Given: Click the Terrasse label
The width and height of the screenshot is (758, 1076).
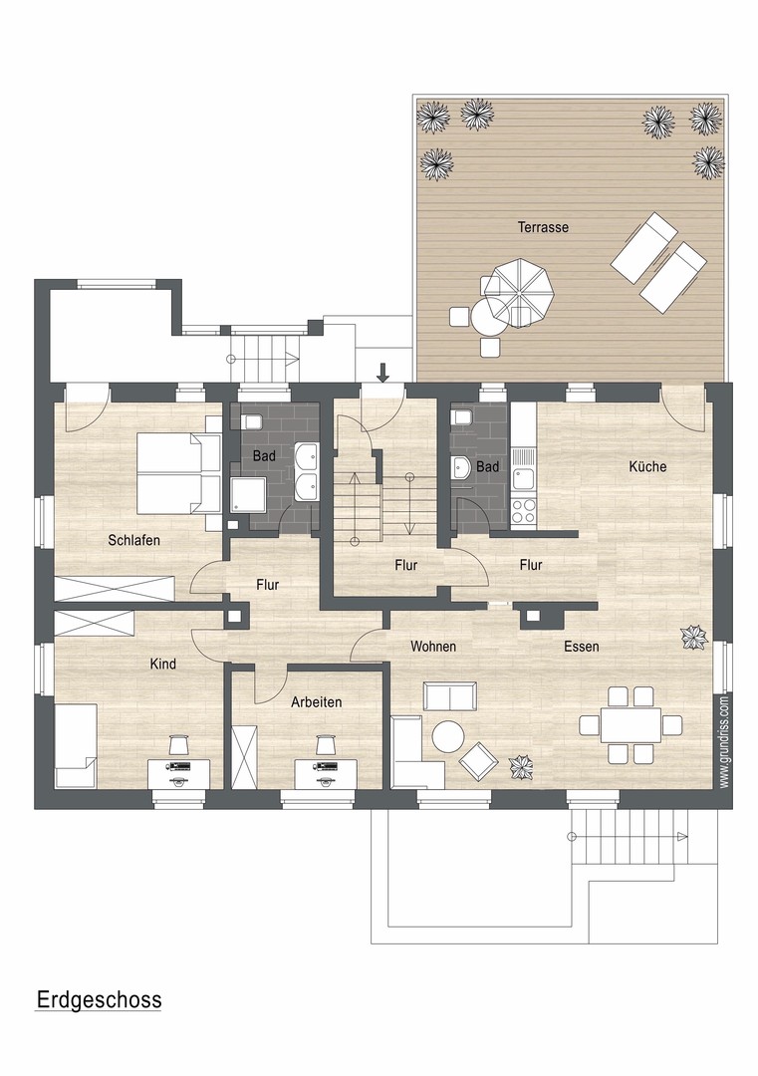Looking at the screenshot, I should coord(543,227).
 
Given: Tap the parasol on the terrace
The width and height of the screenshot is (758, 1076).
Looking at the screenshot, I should coord(517,290).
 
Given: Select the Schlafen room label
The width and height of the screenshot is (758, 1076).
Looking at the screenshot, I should coord(133,540).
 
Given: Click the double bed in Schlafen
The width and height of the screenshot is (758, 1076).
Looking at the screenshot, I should coord(173,473).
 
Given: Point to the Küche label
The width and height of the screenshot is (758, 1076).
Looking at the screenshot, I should coord(647,466).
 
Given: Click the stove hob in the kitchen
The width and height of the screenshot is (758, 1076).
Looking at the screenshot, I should coord(524,511).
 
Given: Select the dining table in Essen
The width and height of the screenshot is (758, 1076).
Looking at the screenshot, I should coord(630,724).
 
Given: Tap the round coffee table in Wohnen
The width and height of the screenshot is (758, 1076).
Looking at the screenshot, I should coord(447,737).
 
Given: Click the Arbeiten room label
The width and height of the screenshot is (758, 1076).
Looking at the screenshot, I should coord(317,701).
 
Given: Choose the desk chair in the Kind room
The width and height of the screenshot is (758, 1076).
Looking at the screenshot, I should coord(179,744).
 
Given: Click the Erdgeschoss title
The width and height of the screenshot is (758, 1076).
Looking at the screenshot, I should coord(99,999).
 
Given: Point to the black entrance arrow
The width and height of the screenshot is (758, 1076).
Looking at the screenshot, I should coord(382,373).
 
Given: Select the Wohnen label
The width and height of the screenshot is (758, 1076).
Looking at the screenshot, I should coord(433,647).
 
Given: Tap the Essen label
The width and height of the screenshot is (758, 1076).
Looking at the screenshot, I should coord(581,647).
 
